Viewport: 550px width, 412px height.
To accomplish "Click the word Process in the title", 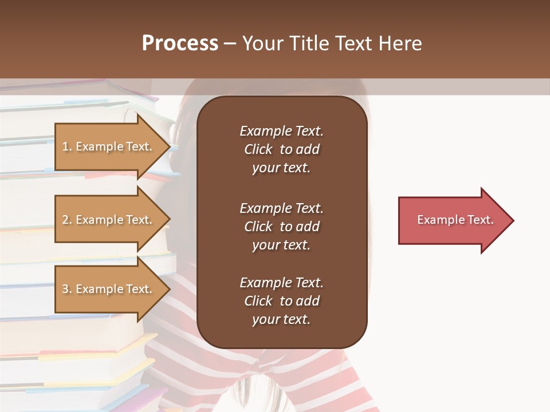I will click(180, 43).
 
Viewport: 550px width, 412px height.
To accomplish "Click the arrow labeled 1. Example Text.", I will click(109, 146).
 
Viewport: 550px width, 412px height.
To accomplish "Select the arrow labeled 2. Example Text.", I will click(109, 220).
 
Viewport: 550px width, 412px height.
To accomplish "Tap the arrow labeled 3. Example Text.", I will click(109, 289).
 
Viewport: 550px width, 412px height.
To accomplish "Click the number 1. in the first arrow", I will click(67, 146).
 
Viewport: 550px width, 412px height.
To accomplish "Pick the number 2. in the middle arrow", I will click(67, 220).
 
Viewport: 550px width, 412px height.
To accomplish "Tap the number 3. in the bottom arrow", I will click(67, 289).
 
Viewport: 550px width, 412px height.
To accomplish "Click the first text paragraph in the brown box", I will click(281, 149).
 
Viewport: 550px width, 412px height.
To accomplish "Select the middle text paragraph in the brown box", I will click(281, 227).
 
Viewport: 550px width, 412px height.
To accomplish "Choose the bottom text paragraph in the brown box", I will click(281, 301).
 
